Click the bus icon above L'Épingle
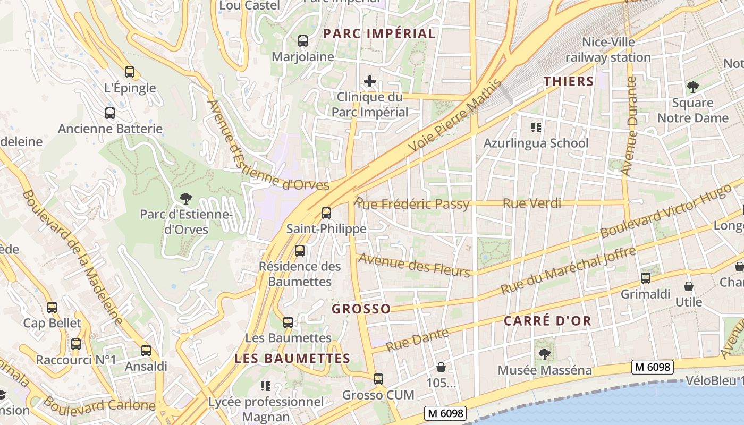tap(130, 72)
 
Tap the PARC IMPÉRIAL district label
tap(379, 33)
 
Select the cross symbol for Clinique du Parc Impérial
tap(370, 82)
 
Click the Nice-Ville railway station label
tap(608, 49)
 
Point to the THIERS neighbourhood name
tap(568, 81)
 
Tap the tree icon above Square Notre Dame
tap(692, 87)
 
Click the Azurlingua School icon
tap(536, 127)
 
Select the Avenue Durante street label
tap(630, 126)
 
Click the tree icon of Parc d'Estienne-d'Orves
tap(185, 199)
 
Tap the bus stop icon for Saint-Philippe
tap(326, 213)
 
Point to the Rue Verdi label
tap(531, 203)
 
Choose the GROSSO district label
tap(361, 309)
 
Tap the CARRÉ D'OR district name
tap(547, 321)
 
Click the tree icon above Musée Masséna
tap(544, 354)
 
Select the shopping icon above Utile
tap(689, 286)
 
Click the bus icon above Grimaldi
tap(646, 278)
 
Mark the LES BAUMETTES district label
tap(292, 359)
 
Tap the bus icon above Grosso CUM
tap(378, 379)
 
